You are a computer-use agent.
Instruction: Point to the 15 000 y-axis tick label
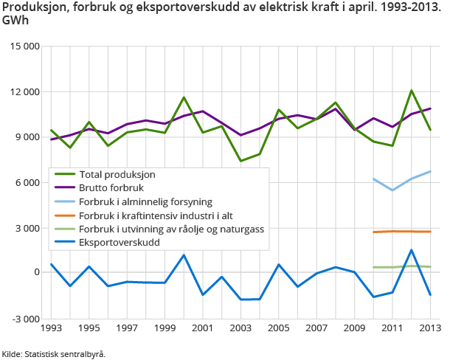pos(24,46)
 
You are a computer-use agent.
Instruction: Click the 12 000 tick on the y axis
pos(24,92)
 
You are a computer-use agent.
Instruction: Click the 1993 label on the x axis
pos(51,328)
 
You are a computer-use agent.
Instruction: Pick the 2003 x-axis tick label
pos(241,328)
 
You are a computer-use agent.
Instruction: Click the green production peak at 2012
pos(412,91)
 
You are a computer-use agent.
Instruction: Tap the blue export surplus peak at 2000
pos(184,255)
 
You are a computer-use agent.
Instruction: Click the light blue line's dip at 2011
pos(393,190)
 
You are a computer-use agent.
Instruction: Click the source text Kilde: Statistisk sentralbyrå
pos(53,354)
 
